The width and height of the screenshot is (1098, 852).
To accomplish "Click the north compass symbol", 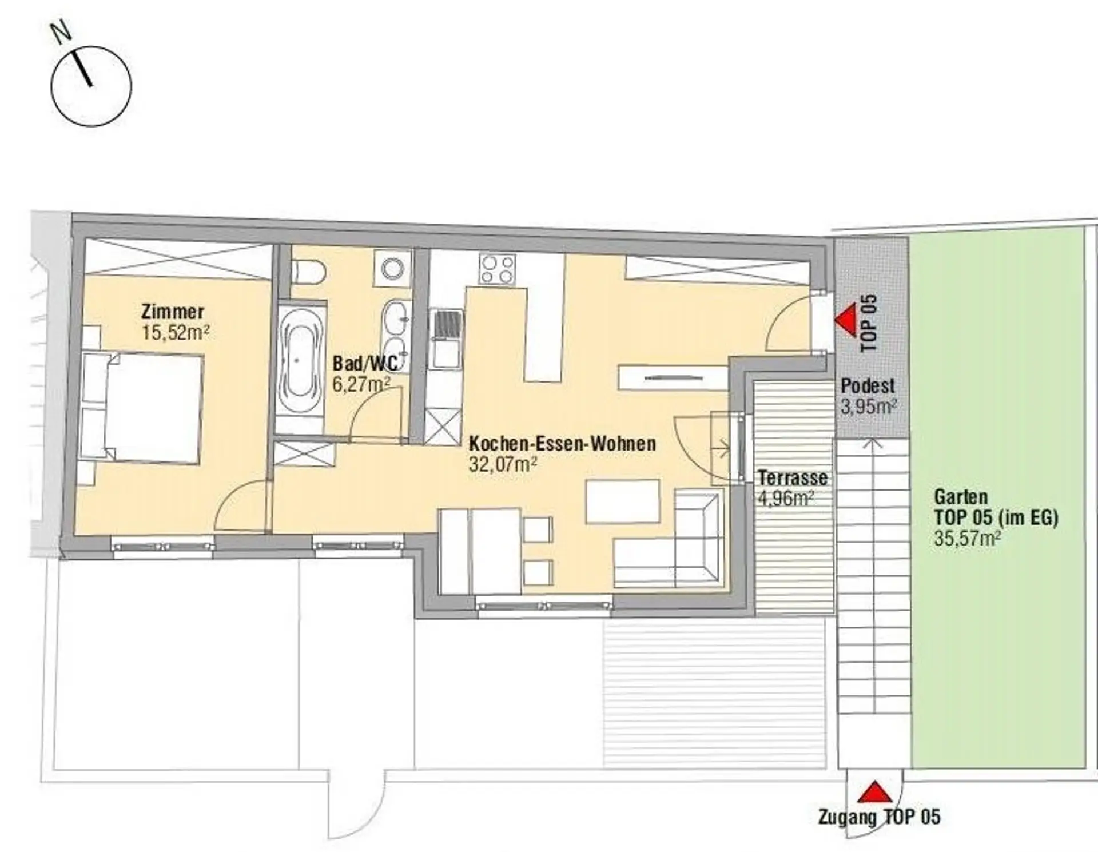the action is pos(91,86).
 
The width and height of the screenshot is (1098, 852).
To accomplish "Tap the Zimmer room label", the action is pos(172,312).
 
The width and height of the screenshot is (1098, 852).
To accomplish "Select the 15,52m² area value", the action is pos(176,332).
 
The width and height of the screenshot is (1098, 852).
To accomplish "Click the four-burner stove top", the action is pos(497,269).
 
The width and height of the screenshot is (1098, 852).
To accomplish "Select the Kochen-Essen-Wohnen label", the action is pos(562,443).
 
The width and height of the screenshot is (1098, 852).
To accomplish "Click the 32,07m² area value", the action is pos(503,464).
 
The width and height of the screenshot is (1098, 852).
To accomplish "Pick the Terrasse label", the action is pos(793,477).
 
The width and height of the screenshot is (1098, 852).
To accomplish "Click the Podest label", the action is pos(868,386).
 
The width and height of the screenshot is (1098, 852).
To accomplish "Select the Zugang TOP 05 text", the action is pos(879,817).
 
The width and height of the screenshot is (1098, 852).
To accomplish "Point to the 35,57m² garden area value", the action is pos(968,538).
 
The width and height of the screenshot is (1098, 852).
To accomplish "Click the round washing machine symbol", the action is pos(393,268).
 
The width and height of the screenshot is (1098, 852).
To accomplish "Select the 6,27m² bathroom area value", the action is pos(361,384).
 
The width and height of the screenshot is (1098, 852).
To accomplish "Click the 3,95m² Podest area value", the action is pos(868,407).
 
